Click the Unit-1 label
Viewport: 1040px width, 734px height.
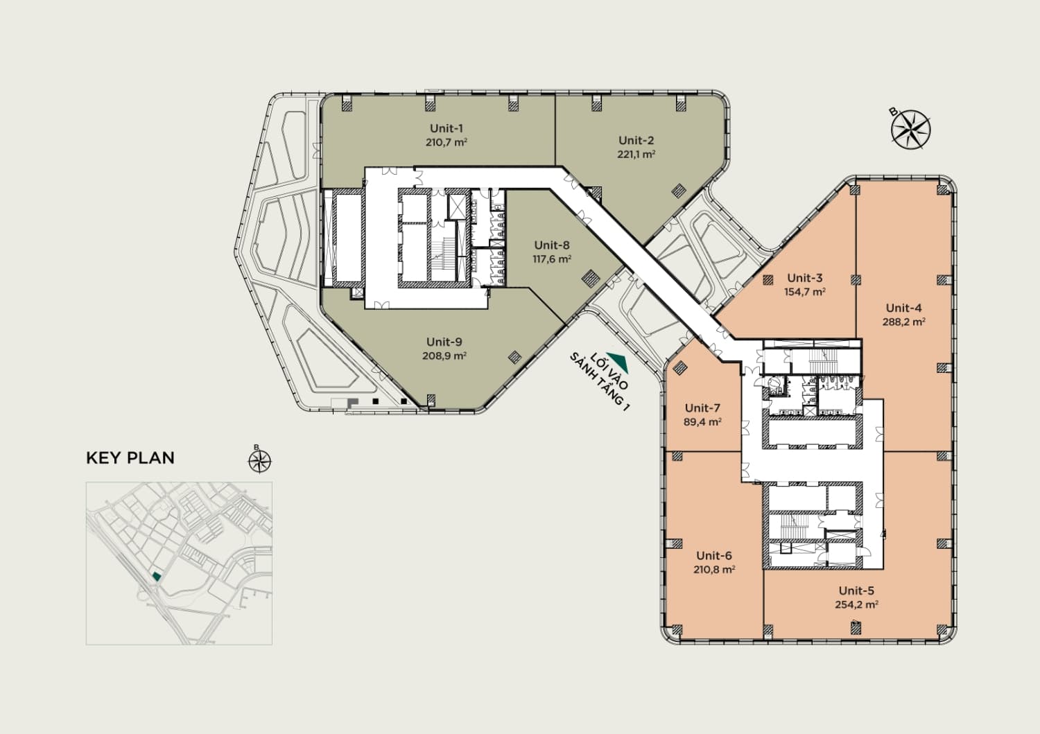coord(447,129)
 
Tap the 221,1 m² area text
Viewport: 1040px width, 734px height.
coord(636,154)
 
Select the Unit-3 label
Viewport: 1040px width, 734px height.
coord(804,278)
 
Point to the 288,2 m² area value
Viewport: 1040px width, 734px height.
coord(904,322)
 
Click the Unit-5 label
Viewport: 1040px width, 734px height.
coord(856,591)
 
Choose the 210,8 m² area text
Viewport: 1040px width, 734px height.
coord(714,569)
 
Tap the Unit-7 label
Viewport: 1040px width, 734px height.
coord(702,408)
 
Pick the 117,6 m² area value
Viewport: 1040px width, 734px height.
coord(552,259)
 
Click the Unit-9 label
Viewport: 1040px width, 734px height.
coord(444,342)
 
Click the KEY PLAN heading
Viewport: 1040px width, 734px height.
coord(130,457)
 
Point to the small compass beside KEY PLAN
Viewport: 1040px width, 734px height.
coord(260,461)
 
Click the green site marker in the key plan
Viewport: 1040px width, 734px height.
coord(157,576)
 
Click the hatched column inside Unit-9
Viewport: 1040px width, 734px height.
coord(514,356)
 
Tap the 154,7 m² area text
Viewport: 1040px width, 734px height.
coord(804,292)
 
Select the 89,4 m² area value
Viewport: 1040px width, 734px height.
coord(702,422)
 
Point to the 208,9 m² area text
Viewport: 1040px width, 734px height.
coord(444,356)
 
